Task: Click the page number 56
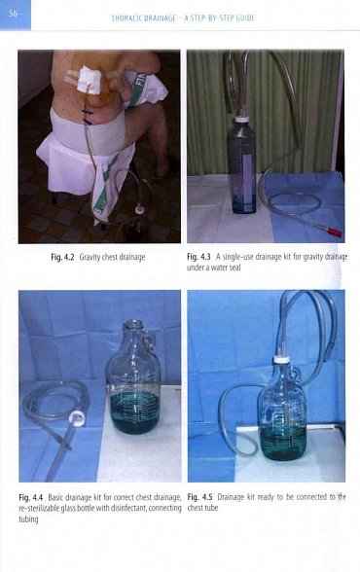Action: [x=13, y=14]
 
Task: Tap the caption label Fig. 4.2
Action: [x=62, y=257]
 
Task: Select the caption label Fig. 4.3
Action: [x=198, y=257]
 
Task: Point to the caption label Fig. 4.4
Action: [x=30, y=497]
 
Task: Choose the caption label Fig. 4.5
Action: [x=199, y=497]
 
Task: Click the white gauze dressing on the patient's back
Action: [x=89, y=80]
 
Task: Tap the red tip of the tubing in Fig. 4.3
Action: [x=334, y=232]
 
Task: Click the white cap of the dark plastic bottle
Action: [x=242, y=120]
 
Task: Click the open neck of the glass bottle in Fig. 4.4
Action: [x=133, y=324]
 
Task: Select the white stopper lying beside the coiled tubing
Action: [x=78, y=416]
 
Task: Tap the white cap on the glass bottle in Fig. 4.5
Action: [x=281, y=359]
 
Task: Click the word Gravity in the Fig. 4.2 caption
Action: [x=90, y=257]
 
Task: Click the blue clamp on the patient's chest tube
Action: [x=87, y=118]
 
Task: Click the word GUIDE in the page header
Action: [x=245, y=18]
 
